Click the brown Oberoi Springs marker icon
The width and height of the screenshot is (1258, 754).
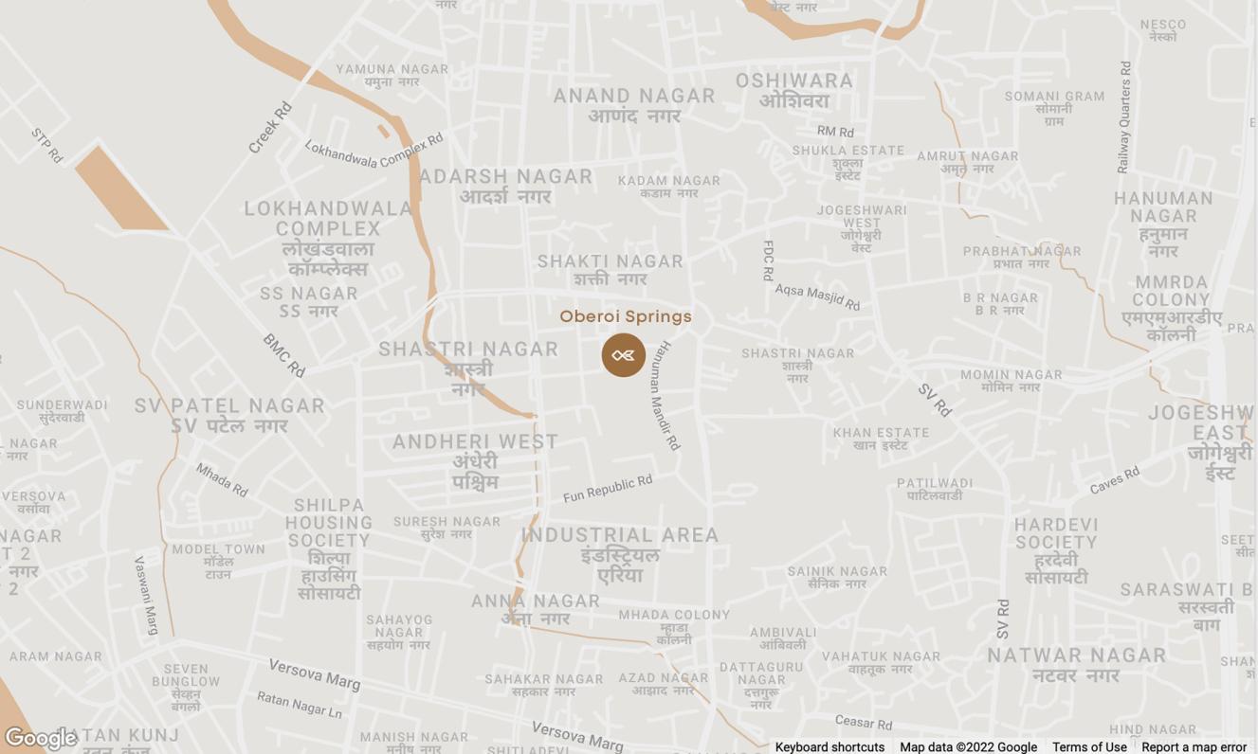[623, 355]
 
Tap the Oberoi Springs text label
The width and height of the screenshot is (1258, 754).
[626, 316]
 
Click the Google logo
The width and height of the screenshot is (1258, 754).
[40, 738]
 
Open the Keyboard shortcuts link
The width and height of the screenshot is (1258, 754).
[830, 746]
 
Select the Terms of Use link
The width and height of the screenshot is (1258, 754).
[1089, 746]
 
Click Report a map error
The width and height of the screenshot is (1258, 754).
[1194, 746]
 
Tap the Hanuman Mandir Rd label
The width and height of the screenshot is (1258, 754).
[665, 395]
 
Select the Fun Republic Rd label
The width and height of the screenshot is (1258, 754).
[608, 489]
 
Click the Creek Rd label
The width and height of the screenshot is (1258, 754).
[270, 128]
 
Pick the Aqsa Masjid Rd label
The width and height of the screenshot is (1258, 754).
[817, 296]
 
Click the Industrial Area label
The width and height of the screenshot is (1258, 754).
[620, 535]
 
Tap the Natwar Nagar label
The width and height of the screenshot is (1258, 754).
[1077, 655]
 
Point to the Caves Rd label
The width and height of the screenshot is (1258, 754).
[1114, 480]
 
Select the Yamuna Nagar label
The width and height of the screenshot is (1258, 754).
[392, 69]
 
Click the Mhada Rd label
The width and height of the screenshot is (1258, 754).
[222, 480]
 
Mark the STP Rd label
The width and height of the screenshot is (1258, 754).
[46, 145]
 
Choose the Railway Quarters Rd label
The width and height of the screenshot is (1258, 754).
[1124, 117]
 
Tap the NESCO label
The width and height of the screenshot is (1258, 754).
[1163, 25]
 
